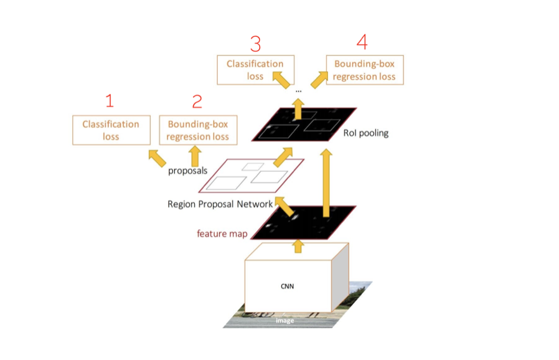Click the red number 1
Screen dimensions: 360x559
point(110,100)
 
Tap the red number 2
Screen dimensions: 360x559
point(197,102)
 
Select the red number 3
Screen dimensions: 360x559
point(255,44)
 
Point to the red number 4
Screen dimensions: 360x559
point(362,43)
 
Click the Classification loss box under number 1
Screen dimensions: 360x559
point(111,130)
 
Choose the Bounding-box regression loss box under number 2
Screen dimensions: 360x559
point(197,130)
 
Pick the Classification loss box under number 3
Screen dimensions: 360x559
point(255,70)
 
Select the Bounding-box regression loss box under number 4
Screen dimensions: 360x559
point(364,70)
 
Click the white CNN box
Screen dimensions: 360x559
point(287,287)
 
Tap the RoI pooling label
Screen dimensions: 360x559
point(365,133)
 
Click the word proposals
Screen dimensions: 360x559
point(187,170)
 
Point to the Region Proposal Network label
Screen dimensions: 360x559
point(220,204)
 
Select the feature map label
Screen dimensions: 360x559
point(222,234)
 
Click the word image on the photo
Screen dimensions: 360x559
point(284,321)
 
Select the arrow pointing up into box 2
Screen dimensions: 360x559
point(195,156)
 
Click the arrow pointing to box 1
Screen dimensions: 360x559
point(156,157)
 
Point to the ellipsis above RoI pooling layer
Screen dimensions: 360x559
point(298,91)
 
